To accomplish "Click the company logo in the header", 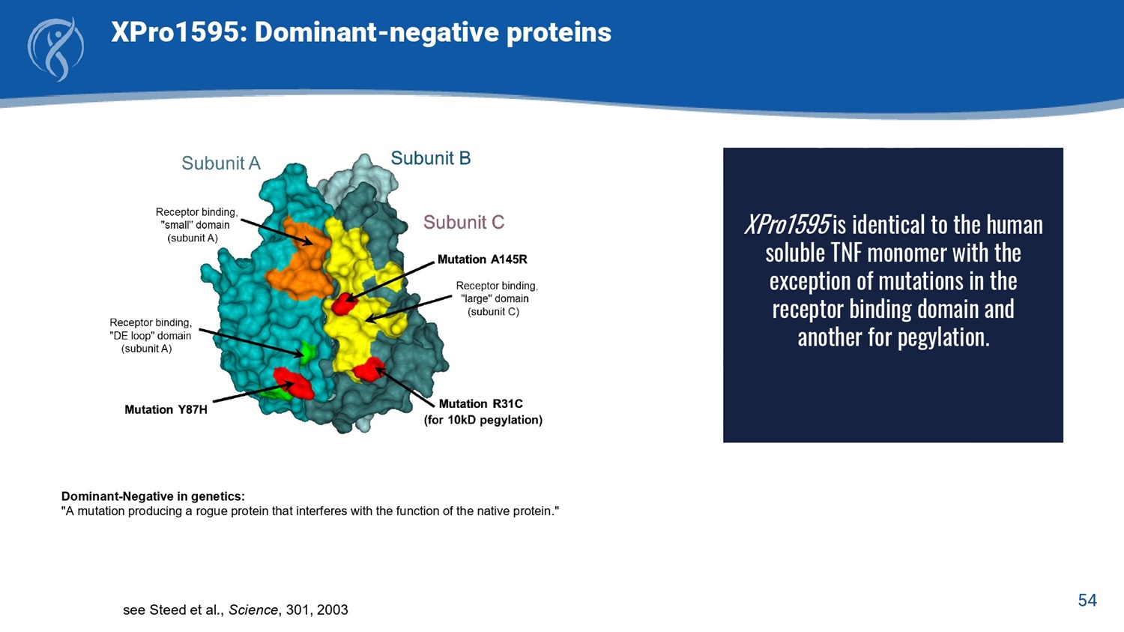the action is [55, 49].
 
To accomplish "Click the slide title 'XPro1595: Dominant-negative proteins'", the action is [360, 32].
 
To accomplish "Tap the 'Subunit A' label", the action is [221, 163].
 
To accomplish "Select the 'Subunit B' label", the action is [431, 158].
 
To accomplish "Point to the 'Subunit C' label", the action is [464, 222].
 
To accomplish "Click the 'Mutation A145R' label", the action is [483, 259].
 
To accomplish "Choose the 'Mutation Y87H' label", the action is [166, 409].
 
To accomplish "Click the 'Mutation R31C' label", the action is [481, 403].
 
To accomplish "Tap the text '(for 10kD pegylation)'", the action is [483, 420].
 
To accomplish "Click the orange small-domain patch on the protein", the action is [300, 261].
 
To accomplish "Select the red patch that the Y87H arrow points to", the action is [294, 382].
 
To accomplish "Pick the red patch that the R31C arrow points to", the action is [369, 370].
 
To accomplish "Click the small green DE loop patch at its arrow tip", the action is [306, 351].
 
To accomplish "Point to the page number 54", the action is [1087, 601].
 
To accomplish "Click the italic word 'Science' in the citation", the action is [253, 610].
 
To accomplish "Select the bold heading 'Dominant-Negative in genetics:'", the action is [153, 496].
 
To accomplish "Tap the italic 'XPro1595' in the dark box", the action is [787, 224].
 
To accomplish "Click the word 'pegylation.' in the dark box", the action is [944, 337].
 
